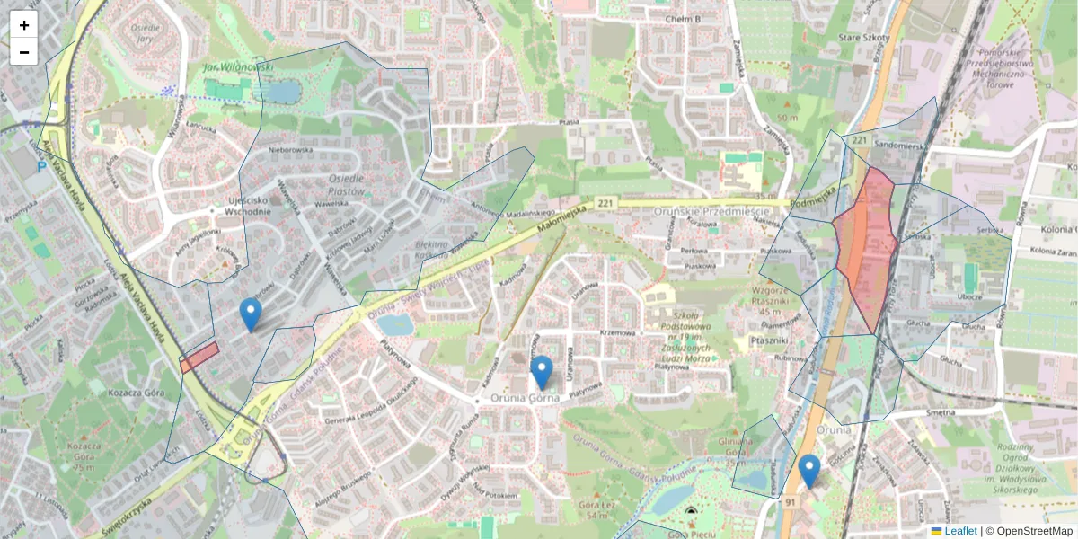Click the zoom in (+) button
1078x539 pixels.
24,25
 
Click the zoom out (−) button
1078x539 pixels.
24,52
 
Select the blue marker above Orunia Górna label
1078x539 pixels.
541,372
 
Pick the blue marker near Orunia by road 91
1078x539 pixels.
809,471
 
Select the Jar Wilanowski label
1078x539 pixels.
224,66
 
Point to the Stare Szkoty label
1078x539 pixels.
863,38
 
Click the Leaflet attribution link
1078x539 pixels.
960,531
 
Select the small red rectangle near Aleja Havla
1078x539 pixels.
199,357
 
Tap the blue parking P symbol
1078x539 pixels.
40,166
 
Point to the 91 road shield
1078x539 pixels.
791,500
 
